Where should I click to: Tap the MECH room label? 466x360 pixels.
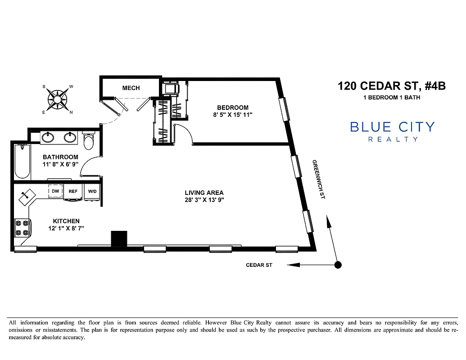click(131, 88)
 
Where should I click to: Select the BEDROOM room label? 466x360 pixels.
click(232, 108)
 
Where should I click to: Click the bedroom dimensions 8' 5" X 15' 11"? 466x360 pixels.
click(232, 115)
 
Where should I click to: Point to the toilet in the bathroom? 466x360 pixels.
click(89, 141)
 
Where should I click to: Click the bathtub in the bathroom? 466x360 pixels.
click(22, 161)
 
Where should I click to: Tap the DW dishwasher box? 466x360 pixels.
click(55, 191)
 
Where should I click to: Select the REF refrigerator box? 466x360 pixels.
click(73, 191)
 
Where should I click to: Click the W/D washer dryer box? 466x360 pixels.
click(92, 191)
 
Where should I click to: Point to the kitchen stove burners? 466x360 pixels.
click(22, 228)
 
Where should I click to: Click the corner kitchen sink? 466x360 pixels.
click(27, 195)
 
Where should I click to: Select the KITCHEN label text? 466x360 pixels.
click(66, 221)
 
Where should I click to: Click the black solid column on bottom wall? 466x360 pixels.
click(119, 238)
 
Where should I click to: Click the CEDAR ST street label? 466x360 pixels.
click(259, 265)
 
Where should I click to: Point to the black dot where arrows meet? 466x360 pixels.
click(338, 265)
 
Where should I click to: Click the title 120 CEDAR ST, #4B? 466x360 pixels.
click(391, 85)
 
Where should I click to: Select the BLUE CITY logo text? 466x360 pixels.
click(392, 127)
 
